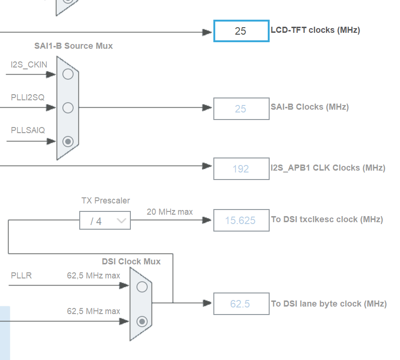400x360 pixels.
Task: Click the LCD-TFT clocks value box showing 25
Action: (x=241, y=31)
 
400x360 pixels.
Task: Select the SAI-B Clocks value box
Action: (x=241, y=109)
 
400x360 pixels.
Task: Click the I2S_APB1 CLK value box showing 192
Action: (x=241, y=169)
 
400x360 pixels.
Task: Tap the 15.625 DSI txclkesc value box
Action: (x=241, y=220)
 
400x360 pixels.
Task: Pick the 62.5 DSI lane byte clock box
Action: (x=241, y=304)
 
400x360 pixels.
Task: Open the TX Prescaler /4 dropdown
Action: (x=105, y=221)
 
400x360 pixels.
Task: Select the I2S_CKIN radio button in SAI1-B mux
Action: (x=68, y=74)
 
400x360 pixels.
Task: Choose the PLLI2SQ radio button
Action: (x=68, y=108)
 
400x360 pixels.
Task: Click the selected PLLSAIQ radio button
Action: (x=68, y=141)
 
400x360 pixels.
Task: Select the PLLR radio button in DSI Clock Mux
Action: (x=142, y=286)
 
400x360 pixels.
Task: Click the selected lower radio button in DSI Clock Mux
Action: (x=142, y=321)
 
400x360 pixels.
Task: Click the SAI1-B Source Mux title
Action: (x=73, y=46)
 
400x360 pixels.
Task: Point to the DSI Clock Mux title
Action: (x=131, y=262)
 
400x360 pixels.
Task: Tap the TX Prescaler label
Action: (x=106, y=201)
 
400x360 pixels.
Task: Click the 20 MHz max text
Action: (x=170, y=212)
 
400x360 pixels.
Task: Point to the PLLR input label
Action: (x=22, y=276)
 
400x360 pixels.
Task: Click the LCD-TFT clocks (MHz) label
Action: (x=315, y=30)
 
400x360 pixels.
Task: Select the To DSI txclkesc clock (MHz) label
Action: (x=327, y=219)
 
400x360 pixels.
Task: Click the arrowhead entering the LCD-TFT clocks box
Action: (x=207, y=32)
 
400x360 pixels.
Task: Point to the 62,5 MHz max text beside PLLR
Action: (x=93, y=276)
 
